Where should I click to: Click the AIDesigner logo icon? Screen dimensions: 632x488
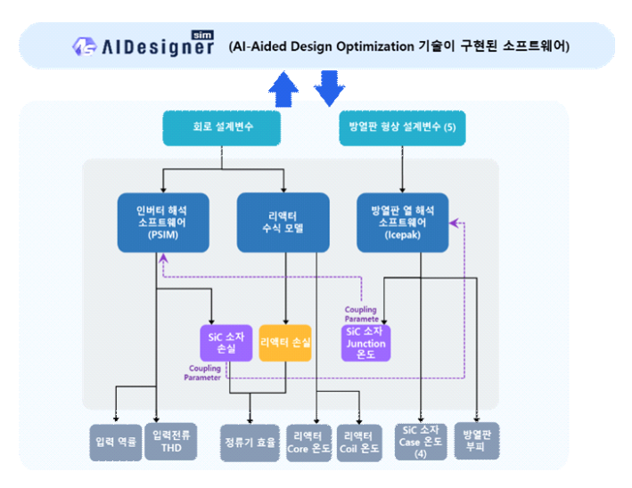click(85, 46)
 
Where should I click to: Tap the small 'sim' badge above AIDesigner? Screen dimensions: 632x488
click(202, 35)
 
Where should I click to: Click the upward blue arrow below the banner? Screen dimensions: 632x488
click(283, 89)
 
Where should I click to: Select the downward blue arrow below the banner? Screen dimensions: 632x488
click(329, 88)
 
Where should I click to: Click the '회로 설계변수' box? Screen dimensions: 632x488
click(222, 128)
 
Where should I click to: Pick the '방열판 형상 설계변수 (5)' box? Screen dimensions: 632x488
click(402, 128)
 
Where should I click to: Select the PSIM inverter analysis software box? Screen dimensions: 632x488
click(163, 223)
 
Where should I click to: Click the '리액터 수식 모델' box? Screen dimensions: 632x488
click(283, 223)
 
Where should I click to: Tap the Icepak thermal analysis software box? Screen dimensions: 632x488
click(402, 223)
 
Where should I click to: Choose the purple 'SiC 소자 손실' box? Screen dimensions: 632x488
click(226, 343)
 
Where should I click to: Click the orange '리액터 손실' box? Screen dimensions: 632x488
click(285, 343)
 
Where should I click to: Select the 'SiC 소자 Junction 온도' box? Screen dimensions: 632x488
click(366, 343)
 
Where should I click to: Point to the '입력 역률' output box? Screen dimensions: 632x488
click(116, 443)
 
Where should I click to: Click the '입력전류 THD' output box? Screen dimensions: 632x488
click(171, 442)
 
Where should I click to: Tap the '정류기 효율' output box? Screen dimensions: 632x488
click(250, 443)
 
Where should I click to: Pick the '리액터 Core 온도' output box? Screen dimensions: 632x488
click(309, 443)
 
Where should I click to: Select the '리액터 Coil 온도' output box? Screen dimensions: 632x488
click(359, 443)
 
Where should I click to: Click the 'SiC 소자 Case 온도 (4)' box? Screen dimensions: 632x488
click(421, 442)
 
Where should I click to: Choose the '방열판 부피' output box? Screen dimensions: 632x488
click(477, 441)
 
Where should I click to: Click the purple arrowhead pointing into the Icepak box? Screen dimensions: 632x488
click(454, 223)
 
